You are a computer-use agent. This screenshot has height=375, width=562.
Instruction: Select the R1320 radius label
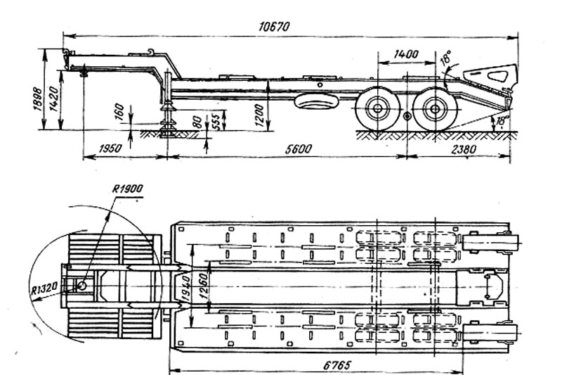click(44, 288)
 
